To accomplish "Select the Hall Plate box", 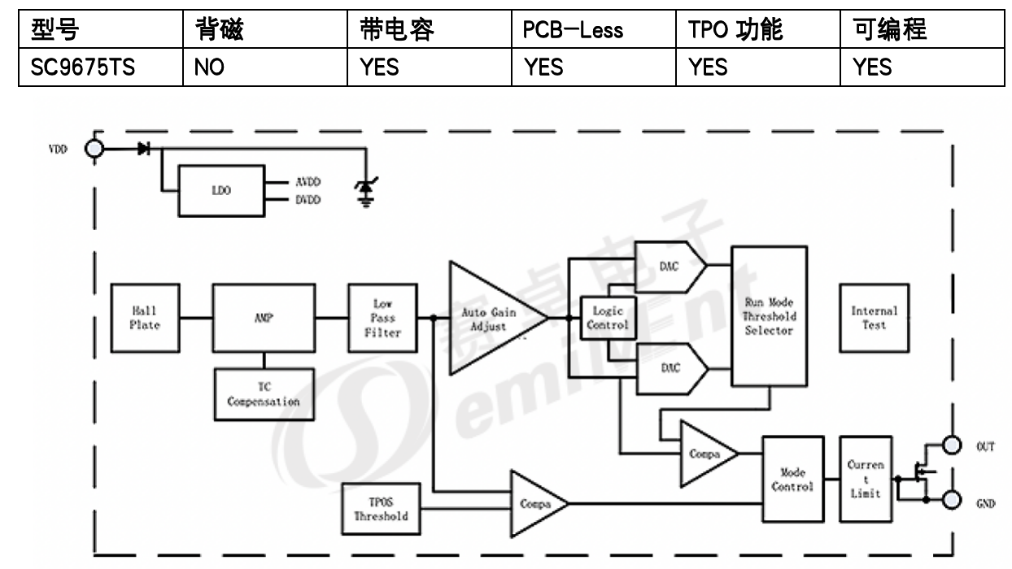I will (x=145, y=318).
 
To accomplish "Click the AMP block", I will (x=264, y=318).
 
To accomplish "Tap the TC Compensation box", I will (x=264, y=394).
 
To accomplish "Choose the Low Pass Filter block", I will (x=382, y=318).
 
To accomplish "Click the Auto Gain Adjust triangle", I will (x=488, y=319).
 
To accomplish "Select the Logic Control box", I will (x=608, y=319).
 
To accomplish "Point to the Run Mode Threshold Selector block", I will (x=769, y=316).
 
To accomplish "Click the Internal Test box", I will (x=874, y=318).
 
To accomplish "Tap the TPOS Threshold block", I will (x=381, y=509).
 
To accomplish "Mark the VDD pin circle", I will (x=95, y=150).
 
